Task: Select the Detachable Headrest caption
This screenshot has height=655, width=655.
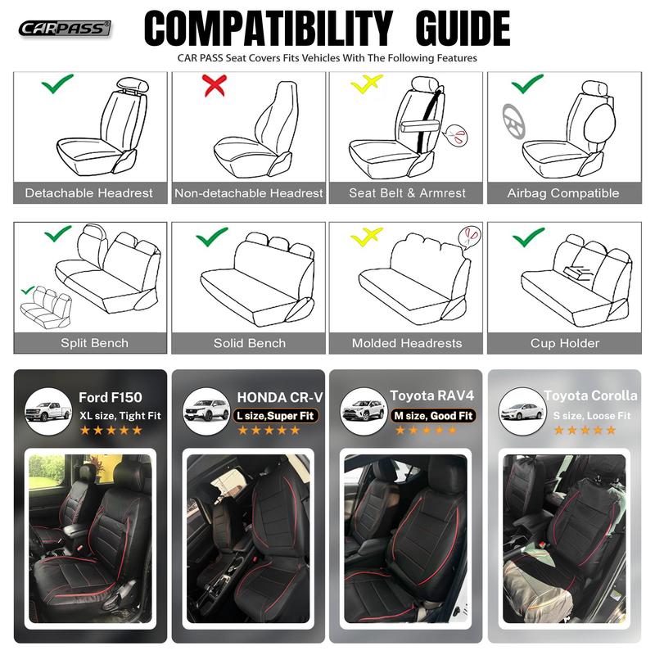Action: [x=88, y=193]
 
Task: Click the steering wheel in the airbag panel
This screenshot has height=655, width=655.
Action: [x=512, y=121]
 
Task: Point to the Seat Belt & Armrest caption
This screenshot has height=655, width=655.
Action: [x=407, y=193]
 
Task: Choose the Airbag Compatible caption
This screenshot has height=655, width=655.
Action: [x=563, y=193]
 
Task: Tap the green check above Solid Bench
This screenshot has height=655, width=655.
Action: [x=211, y=238]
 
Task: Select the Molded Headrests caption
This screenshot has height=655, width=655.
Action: [x=407, y=343]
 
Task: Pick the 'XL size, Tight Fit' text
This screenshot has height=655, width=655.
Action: [x=120, y=416]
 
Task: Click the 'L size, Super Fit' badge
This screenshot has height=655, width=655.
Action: [x=276, y=416]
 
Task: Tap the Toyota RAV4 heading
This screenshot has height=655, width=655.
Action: [x=431, y=396]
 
